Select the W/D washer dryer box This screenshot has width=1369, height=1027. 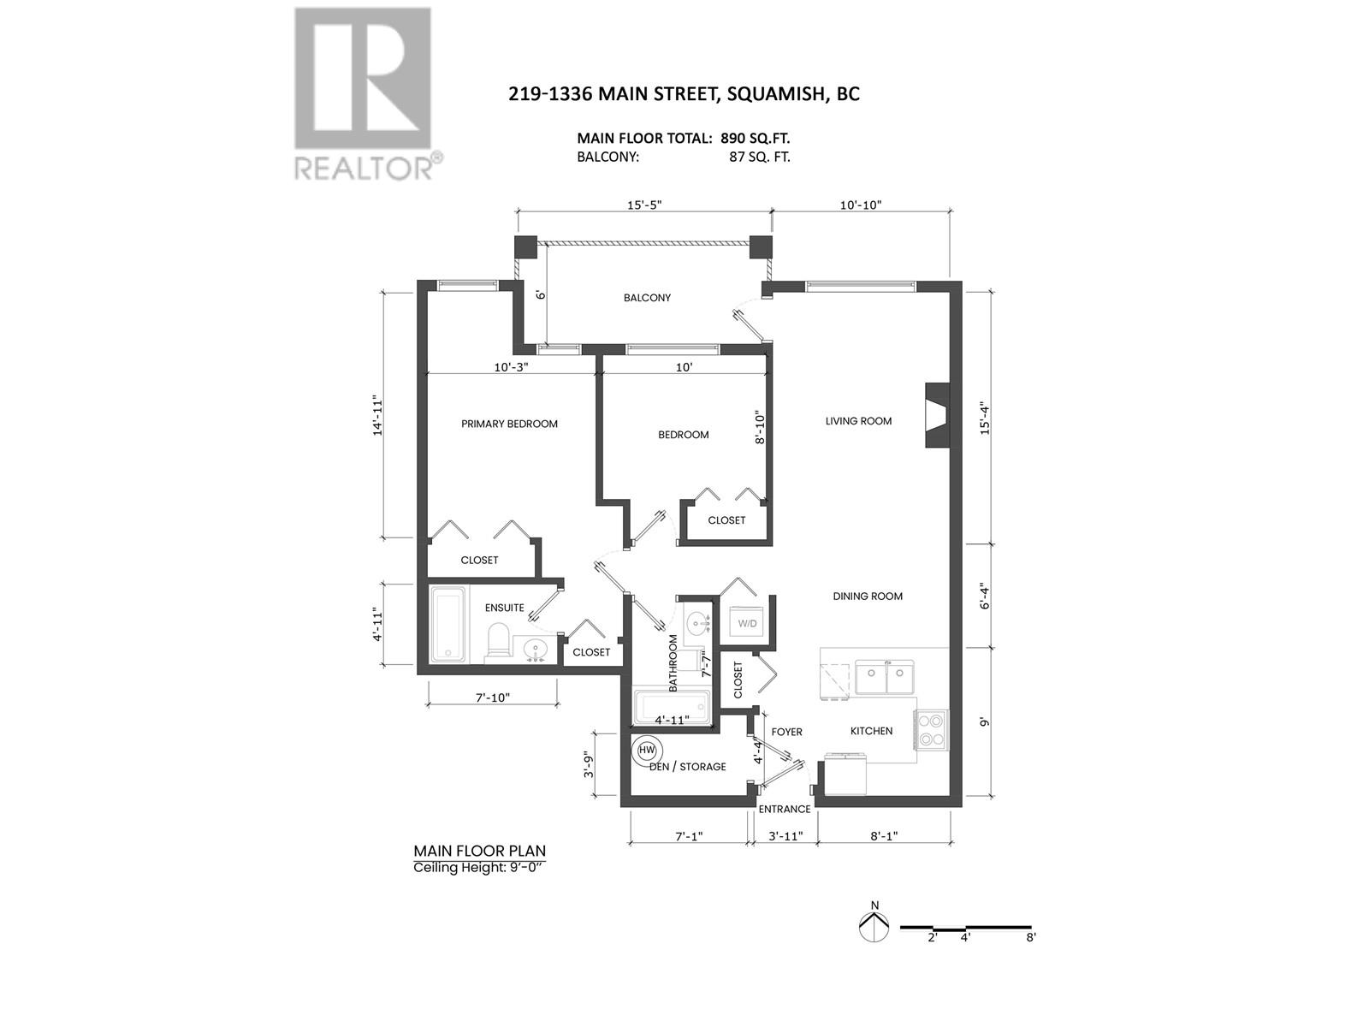click(747, 624)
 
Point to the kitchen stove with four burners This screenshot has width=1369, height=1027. click(931, 730)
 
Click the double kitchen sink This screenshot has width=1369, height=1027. click(884, 677)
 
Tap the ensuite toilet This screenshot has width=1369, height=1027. click(498, 639)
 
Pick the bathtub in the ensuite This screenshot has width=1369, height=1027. click(448, 625)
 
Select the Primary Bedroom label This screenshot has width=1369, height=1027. click(509, 424)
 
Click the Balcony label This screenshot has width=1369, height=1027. click(647, 298)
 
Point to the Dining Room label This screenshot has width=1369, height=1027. click(867, 597)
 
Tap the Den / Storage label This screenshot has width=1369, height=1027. click(687, 767)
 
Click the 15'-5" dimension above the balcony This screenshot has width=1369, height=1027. click(643, 205)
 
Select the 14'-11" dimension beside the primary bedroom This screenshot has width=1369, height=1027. click(376, 415)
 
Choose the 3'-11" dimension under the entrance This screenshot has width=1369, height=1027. click(785, 835)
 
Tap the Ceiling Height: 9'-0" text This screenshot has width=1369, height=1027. click(479, 867)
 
